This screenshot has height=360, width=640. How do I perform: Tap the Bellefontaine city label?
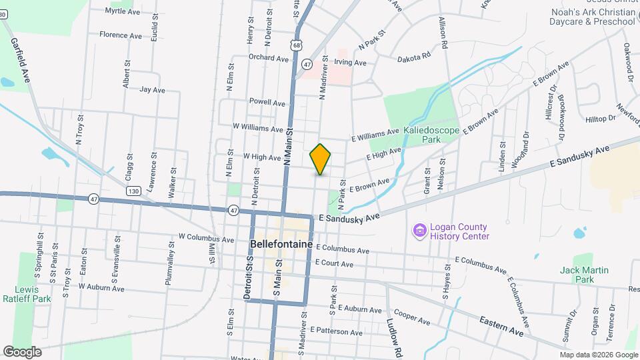click(x=282, y=244)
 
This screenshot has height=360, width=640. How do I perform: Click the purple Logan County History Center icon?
click(x=419, y=231)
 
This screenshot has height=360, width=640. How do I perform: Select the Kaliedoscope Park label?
click(x=431, y=135)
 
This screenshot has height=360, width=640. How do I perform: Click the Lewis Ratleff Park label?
click(x=27, y=294)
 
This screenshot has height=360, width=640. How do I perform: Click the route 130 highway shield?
click(x=133, y=191)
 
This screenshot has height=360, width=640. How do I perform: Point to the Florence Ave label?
click(x=121, y=35)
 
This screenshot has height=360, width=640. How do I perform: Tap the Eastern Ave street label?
click(x=501, y=326)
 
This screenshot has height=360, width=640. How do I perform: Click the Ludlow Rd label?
click(x=395, y=337)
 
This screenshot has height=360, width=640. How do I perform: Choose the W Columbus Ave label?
click(x=206, y=237)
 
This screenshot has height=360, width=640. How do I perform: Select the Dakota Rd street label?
click(x=414, y=58)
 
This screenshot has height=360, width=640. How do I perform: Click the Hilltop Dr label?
click(x=601, y=118)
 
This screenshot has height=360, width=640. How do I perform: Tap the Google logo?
click(x=22, y=351)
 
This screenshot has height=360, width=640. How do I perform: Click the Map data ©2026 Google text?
click(x=598, y=355)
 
